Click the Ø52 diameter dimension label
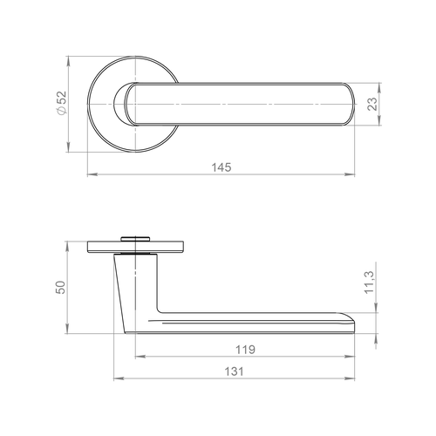(62, 103)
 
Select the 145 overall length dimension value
(221, 167)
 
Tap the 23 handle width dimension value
(372, 104)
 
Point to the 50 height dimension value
(60, 287)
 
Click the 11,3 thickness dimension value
(369, 283)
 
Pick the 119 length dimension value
(245, 350)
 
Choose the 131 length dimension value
(235, 371)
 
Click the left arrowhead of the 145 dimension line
(92, 174)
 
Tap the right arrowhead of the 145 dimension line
(350, 174)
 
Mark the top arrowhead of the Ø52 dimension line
(68, 61)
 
